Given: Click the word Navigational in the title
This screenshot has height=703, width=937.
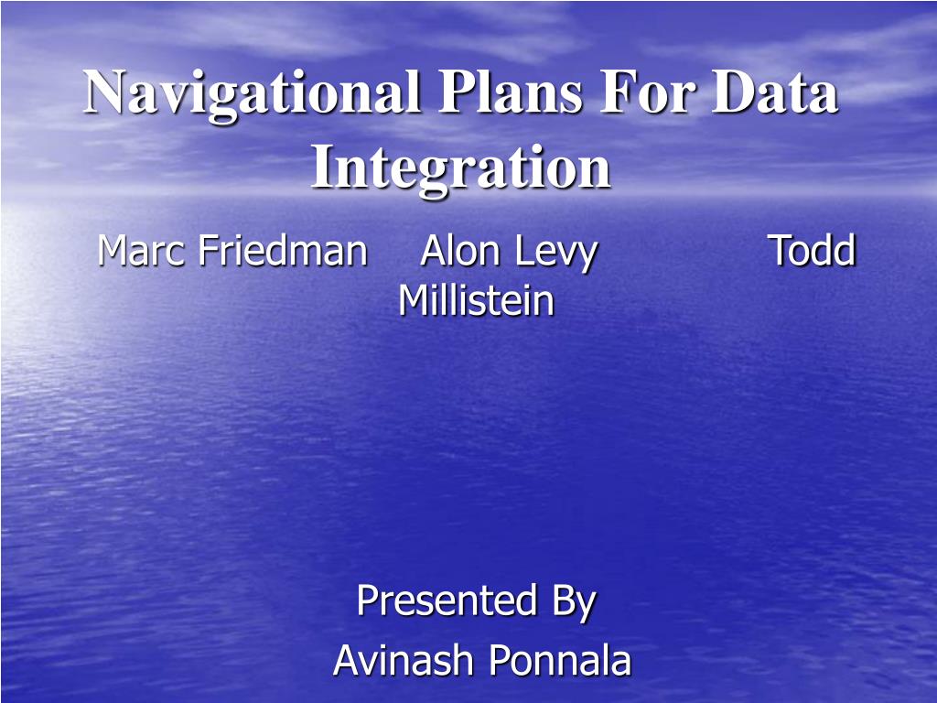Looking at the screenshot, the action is click(251, 94).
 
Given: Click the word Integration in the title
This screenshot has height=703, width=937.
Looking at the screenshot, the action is click(460, 168).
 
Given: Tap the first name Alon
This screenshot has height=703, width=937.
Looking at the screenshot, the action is click(459, 250).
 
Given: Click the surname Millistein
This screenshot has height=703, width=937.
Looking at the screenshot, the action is click(476, 299).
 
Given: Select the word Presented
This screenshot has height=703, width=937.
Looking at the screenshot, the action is click(447, 600).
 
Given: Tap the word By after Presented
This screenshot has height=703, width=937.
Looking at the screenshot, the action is click(574, 602).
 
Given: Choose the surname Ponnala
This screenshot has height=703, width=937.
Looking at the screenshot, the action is click(560, 660).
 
